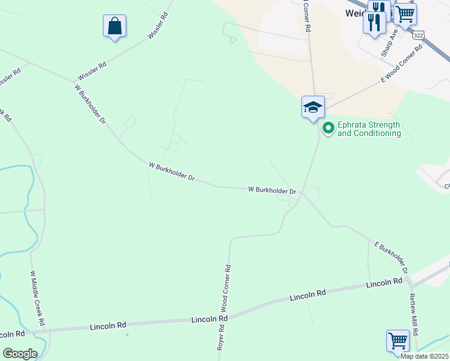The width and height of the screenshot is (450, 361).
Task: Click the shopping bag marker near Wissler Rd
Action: pyautogui.click(x=114, y=26)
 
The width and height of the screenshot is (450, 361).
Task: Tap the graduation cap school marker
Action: pyautogui.click(x=313, y=108)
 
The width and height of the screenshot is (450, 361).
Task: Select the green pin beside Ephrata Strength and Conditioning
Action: pyautogui.click(x=328, y=128)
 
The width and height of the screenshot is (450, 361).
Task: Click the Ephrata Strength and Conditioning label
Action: pyautogui.click(x=369, y=129)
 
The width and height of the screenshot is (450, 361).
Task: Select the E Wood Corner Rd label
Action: pyautogui.click(x=402, y=63)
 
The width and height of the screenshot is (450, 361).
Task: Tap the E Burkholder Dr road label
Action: pyautogui.click(x=392, y=258)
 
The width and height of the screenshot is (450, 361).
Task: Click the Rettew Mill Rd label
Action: pyautogui.click(x=413, y=315)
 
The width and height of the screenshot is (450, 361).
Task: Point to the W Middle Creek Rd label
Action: pyautogui.click(x=38, y=298)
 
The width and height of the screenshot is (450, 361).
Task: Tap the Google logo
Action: pyautogui.click(x=20, y=353)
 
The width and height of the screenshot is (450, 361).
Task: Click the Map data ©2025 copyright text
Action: pyautogui.click(x=424, y=356)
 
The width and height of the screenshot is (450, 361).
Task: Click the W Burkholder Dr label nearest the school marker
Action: pyautogui.click(x=273, y=190)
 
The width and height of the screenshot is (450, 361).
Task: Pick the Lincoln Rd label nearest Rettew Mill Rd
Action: pyautogui.click(x=384, y=282)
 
